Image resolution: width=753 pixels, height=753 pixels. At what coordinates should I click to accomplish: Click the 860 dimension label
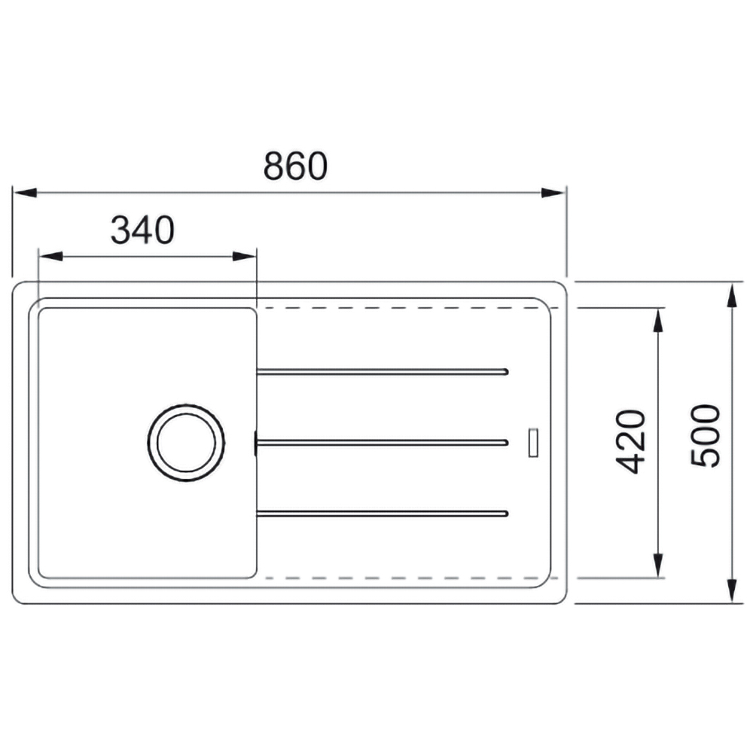click(x=295, y=166)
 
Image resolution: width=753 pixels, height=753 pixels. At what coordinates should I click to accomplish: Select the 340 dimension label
click(x=142, y=230)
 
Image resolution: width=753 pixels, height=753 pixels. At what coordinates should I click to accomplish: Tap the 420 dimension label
click(x=630, y=441)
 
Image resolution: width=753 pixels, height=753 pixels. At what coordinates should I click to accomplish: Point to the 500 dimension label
click(x=706, y=435)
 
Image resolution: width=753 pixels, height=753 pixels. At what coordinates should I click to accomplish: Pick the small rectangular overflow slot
click(x=533, y=442)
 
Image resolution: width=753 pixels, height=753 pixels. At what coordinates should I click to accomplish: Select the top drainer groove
click(x=383, y=372)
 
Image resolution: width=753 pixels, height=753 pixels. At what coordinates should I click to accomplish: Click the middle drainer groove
click(x=383, y=442)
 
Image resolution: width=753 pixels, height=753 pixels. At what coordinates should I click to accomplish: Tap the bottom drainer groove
click(x=383, y=514)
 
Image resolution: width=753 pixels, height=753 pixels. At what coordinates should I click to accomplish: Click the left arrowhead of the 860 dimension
click(x=25, y=193)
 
